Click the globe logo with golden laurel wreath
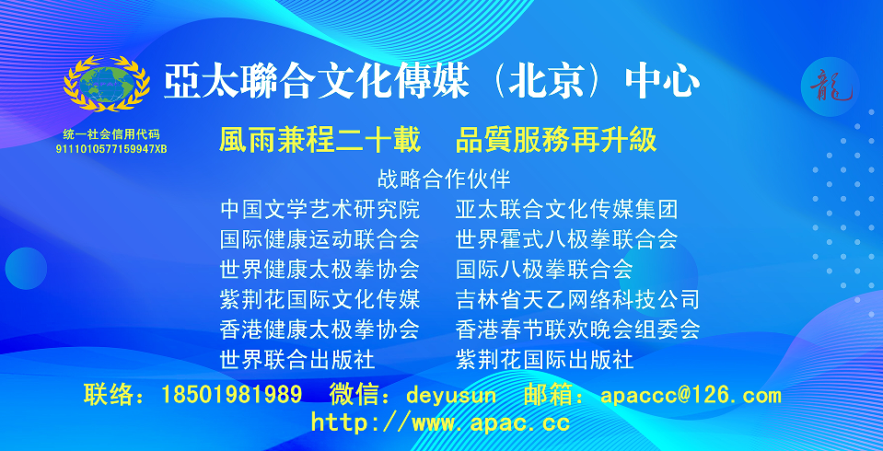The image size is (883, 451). coord(107,84)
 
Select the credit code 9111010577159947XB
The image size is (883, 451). coord(110,149)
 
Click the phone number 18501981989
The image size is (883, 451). coord(231,394)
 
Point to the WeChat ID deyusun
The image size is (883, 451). coord(452,395)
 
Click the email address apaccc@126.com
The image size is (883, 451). coord(691,394)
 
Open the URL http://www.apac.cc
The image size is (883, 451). coord(440,422)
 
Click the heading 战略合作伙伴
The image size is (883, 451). coord(445,179)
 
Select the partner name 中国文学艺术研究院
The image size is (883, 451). coord(320,210)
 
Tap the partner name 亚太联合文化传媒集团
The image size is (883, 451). coord(566,210)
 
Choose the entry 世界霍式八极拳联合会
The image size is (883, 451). coord(566,239)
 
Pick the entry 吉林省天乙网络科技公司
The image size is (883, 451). coord(577,299)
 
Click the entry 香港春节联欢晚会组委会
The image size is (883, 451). coord(577,330)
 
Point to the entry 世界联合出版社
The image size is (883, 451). coord(297,359)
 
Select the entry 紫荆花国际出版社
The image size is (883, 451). coord(544,359)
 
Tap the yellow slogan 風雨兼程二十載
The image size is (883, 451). coord(320,140)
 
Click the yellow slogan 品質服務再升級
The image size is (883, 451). coord(556,140)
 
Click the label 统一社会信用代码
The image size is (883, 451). coord(110,134)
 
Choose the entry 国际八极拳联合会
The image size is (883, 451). coord(544,269)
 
